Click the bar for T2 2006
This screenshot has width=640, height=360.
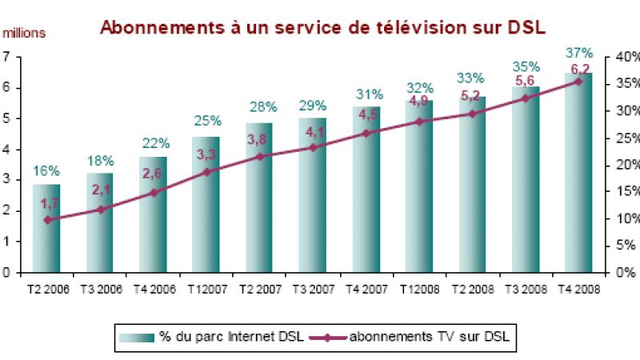(x=46, y=229)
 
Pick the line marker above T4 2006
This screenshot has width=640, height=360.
(x=154, y=192)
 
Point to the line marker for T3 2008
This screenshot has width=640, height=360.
(x=526, y=98)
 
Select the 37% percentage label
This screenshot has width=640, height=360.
(x=578, y=53)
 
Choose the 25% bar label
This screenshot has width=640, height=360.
(x=206, y=121)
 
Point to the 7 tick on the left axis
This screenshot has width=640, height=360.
(x=6, y=57)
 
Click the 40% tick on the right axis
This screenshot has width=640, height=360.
(x=627, y=57)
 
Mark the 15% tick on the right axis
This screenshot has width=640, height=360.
(x=627, y=192)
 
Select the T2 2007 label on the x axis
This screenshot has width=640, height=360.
(x=259, y=289)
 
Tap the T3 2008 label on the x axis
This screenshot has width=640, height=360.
(x=525, y=289)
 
